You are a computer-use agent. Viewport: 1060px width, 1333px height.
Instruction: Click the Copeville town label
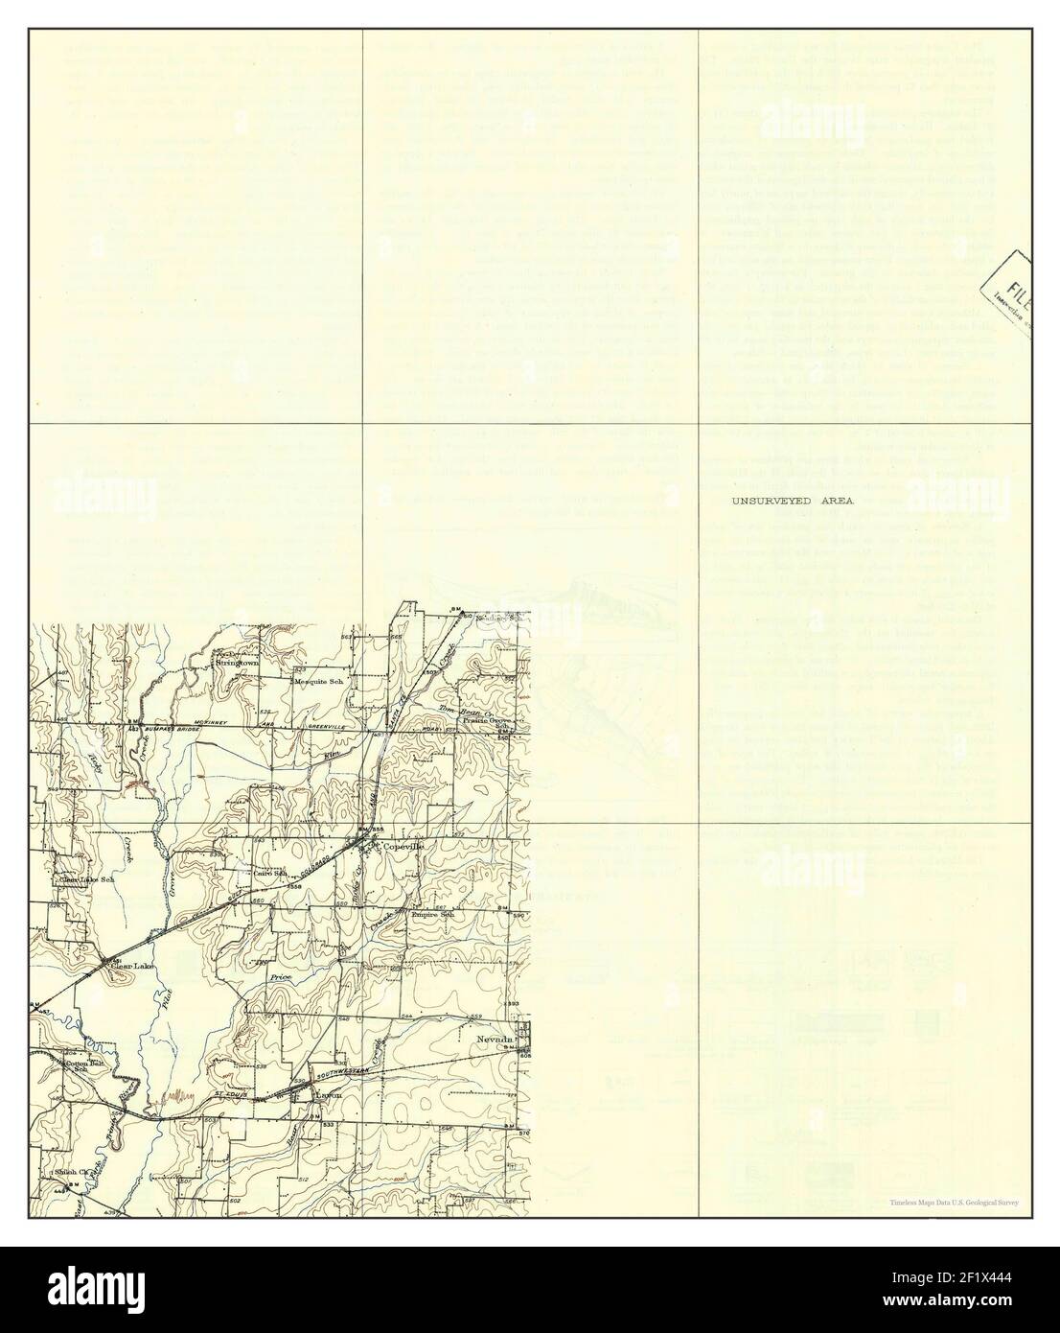tap(403, 848)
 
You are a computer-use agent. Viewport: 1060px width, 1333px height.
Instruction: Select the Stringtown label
tap(238, 663)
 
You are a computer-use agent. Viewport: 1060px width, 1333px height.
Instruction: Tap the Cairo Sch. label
tap(269, 874)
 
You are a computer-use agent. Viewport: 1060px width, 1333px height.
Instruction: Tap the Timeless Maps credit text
tap(953, 1202)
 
